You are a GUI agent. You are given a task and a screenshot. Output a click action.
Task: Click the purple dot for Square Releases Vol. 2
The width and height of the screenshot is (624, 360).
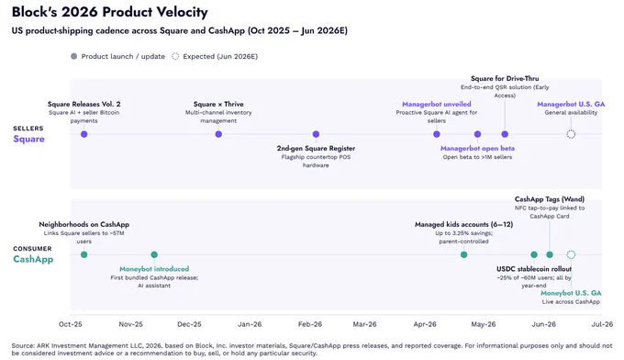point(84,134)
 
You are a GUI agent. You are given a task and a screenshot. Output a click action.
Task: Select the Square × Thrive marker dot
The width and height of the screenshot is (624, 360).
point(218,134)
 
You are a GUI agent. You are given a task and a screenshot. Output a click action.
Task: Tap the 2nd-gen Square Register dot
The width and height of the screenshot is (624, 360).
point(316,134)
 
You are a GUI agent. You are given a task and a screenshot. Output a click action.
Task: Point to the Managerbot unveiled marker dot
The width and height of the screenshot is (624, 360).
point(437,134)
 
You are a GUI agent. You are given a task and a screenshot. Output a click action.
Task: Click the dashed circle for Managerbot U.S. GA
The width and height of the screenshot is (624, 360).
point(571,130)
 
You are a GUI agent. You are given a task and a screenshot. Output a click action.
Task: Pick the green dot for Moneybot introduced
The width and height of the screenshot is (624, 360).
point(154,254)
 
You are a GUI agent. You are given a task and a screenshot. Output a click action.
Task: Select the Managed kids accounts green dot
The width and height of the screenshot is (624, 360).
point(464,254)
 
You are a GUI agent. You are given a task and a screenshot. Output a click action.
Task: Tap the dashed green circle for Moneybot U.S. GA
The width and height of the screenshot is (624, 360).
point(571,251)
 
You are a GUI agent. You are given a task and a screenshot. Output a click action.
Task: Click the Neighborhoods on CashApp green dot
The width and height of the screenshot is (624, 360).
point(84,254)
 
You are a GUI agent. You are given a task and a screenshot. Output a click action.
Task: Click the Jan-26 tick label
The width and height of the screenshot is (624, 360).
point(250,324)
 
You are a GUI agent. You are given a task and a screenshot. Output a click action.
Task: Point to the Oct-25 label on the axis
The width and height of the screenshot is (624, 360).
point(71,324)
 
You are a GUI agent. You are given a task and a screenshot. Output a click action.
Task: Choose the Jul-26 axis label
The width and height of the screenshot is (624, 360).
point(602,324)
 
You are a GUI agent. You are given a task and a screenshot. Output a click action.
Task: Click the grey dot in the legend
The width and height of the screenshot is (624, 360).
point(73,56)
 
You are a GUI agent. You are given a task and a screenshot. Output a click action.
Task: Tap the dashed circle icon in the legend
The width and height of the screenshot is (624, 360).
point(175,53)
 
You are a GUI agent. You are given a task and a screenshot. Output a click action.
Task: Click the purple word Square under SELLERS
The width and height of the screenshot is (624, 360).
point(29,139)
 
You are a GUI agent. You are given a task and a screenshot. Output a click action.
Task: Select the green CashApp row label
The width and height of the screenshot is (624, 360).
point(33,259)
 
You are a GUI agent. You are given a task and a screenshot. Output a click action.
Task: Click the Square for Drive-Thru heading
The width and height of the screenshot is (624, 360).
point(505,78)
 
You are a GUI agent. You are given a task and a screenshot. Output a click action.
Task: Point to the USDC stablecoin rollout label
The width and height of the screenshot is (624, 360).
point(534,269)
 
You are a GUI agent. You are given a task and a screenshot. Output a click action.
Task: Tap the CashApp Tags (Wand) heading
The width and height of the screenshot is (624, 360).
point(550,199)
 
